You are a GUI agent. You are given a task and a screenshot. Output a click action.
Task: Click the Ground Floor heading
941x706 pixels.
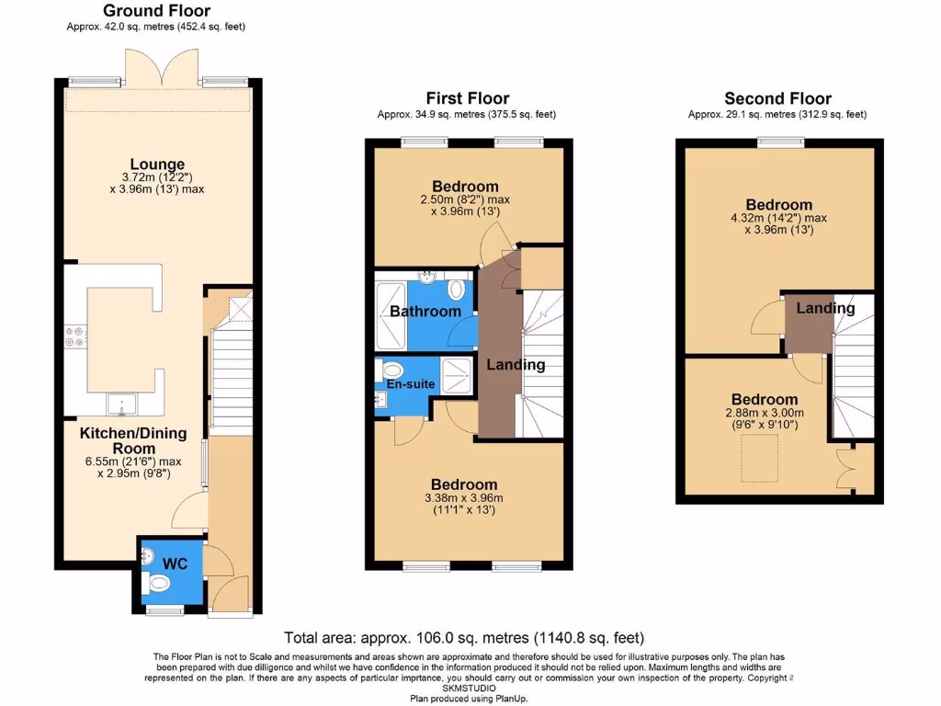point(156,10)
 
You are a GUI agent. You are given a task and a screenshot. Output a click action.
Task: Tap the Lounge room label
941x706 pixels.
point(156,165)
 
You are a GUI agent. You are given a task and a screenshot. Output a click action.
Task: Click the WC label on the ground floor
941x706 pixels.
point(175,563)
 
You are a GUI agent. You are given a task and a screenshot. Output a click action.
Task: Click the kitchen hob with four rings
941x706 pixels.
point(74,336)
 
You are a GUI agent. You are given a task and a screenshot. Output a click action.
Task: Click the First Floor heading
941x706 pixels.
point(467,98)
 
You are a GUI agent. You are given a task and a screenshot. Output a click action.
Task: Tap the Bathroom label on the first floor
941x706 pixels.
point(425,312)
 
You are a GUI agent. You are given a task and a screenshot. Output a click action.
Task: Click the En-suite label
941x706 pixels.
point(405,383)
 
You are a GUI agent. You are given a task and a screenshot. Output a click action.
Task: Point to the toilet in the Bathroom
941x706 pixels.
point(457,290)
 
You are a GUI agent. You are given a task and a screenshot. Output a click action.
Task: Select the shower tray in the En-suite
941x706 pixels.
point(456,372)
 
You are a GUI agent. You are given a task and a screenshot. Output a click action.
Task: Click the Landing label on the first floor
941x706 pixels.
point(516,365)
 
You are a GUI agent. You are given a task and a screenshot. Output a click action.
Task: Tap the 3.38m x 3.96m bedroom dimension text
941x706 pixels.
point(464,498)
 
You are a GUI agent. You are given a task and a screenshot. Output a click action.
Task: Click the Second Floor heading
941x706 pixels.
point(777,98)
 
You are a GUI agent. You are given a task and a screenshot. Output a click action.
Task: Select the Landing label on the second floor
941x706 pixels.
point(825,308)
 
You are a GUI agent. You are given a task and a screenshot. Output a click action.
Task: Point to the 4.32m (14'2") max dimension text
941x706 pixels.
point(778,219)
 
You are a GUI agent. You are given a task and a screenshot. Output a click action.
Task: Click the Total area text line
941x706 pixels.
point(464,637)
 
